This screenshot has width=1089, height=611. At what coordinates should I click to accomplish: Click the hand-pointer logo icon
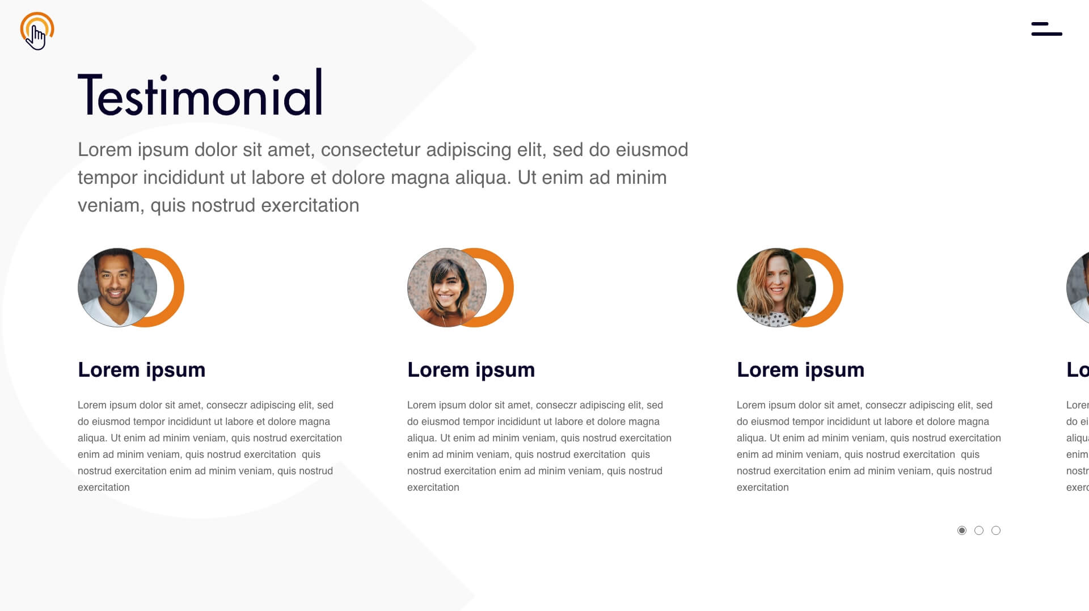tap(37, 31)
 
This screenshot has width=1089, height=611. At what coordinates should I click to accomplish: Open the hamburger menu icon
tap(1046, 29)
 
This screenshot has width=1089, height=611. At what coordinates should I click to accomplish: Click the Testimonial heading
tap(200, 93)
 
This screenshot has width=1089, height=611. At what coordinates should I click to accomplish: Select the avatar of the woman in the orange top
tap(447, 288)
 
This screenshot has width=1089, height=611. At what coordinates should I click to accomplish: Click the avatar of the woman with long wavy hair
tap(776, 288)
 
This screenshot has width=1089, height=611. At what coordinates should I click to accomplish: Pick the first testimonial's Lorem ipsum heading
tap(142, 370)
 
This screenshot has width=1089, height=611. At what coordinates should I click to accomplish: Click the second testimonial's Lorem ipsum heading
tap(471, 370)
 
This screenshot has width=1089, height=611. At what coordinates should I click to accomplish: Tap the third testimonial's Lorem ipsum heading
tap(801, 370)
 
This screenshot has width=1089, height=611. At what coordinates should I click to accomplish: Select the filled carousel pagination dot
tap(962, 530)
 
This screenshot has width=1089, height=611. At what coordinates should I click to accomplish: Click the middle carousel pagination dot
tap(979, 530)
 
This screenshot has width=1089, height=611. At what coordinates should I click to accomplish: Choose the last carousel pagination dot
tap(996, 530)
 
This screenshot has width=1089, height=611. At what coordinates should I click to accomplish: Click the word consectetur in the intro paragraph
tap(371, 150)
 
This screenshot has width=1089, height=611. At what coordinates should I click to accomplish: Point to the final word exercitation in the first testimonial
tap(104, 487)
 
